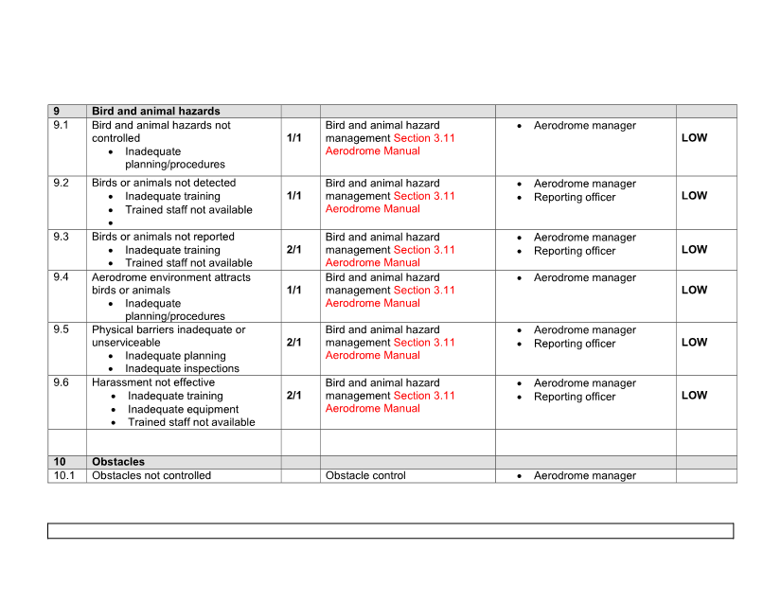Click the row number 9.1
(x=61, y=125)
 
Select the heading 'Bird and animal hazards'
(x=155, y=112)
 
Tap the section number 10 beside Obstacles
(x=60, y=462)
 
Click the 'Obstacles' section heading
(x=118, y=462)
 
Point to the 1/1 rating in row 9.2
(x=293, y=196)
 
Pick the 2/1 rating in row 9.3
(x=293, y=250)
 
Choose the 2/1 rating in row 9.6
(x=293, y=396)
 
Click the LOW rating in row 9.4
(x=694, y=291)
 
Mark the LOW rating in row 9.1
(x=694, y=138)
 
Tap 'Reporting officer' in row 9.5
(x=575, y=344)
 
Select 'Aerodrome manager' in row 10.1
(x=585, y=476)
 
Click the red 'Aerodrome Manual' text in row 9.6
(x=373, y=409)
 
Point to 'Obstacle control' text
(x=365, y=476)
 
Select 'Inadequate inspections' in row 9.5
(x=182, y=369)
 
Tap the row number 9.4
(x=61, y=277)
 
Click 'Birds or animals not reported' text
(x=163, y=237)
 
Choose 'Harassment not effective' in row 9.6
(x=153, y=383)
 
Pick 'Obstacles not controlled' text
(x=151, y=476)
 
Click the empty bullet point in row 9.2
(x=112, y=223)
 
